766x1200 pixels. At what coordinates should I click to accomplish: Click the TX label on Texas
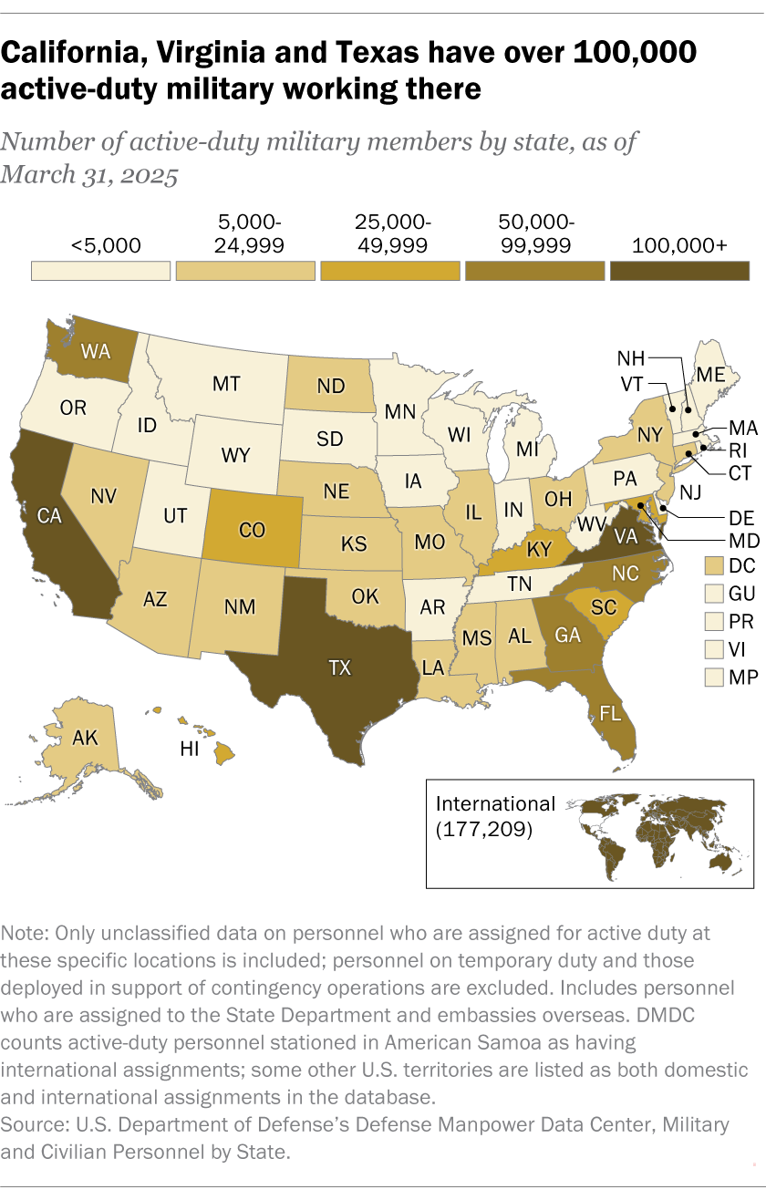coord(339,668)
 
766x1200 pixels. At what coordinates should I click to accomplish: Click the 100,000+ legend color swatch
coord(679,272)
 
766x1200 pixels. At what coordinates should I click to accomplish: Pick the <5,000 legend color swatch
coord(100,272)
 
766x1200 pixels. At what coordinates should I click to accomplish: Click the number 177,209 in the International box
coord(484,831)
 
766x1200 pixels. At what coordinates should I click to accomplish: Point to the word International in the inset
coord(495,803)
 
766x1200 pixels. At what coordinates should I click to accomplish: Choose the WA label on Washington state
coord(96,350)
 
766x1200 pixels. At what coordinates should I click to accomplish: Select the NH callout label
coord(635,357)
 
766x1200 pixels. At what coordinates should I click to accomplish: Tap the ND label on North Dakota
coord(330,386)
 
